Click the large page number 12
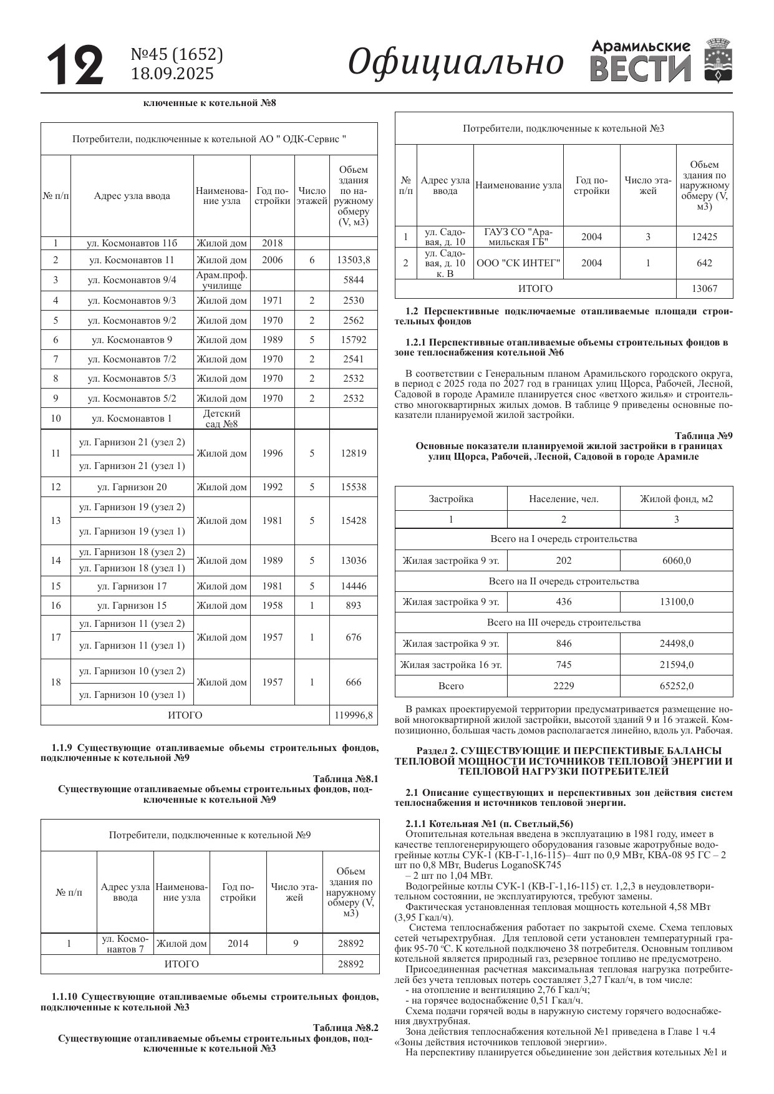[75, 65]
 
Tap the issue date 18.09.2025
[172, 74]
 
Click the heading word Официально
[455, 62]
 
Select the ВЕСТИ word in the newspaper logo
[641, 69]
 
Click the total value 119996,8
[353, 715]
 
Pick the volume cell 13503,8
[353, 260]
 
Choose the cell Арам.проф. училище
[221, 280]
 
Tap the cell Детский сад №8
[221, 419]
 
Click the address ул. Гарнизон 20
[132, 487]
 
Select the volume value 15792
[353, 340]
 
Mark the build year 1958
[272, 606]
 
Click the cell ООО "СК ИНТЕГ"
[518, 263]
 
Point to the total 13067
[704, 289]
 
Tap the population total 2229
[563, 686]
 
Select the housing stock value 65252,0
[676, 686]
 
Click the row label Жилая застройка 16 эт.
[450, 665]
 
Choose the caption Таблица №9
[704, 435]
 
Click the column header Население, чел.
[563, 499]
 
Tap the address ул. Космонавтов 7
[125, 944]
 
